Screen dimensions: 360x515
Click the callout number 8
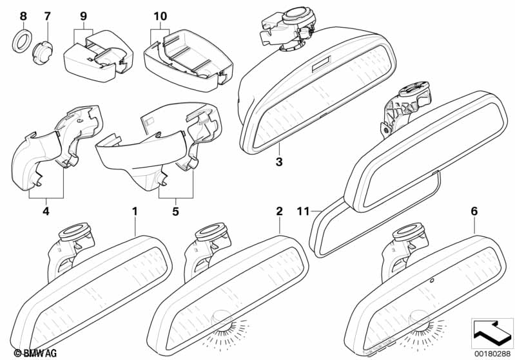[23, 15]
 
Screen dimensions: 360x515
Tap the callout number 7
[47, 15]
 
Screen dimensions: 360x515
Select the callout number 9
[83, 15]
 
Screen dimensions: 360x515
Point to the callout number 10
[160, 15]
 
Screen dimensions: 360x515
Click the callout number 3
[278, 162]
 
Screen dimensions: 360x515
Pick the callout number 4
[45, 209]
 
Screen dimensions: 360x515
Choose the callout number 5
[177, 209]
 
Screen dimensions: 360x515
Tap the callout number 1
[135, 211]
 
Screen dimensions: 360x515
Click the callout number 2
[279, 211]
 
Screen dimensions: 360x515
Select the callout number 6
[474, 211]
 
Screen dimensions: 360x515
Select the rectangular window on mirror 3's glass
[320, 65]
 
